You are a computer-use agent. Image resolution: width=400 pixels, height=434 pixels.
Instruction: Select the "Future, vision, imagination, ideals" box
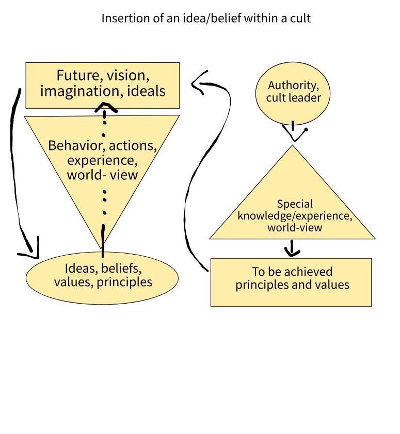[x=103, y=85]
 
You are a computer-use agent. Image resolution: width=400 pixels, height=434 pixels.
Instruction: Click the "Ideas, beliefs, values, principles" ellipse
[x=102, y=277]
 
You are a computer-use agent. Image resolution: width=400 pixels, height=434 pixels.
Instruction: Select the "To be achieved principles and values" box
[x=291, y=282]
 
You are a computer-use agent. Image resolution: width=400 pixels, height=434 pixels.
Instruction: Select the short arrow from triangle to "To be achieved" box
[x=292, y=249]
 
